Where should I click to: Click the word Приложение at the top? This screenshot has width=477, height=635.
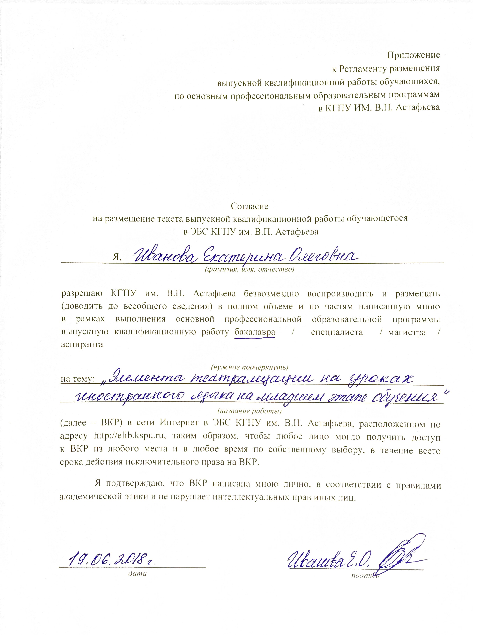414,55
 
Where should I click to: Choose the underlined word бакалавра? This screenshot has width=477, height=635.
255,332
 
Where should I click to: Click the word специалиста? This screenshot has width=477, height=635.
337,332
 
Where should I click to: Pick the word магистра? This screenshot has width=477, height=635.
407,332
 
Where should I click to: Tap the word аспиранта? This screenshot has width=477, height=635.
82,345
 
